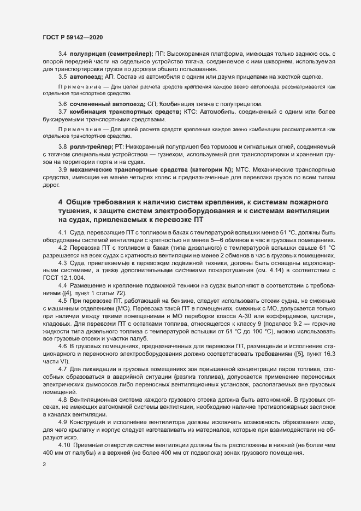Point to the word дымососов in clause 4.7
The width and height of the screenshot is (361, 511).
(106, 378)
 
